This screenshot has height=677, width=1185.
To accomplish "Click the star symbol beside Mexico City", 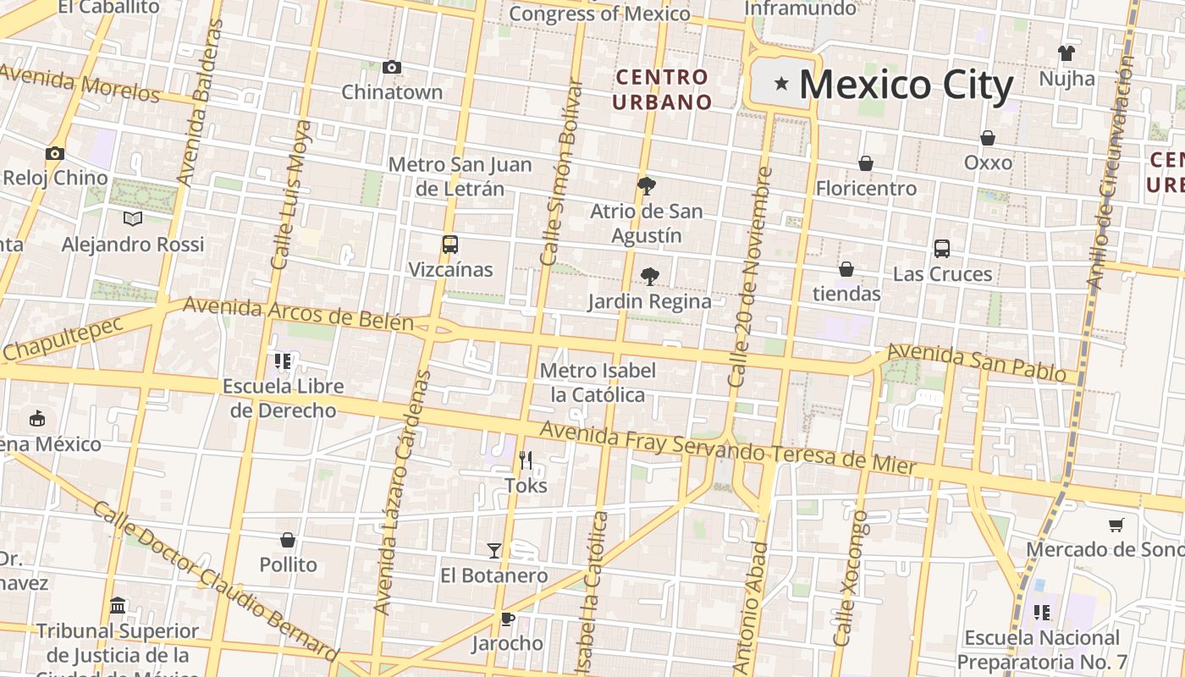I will (781, 84).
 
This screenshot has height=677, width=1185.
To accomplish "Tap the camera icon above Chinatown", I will (392, 67).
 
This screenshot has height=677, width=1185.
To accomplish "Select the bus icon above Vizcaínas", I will (450, 245).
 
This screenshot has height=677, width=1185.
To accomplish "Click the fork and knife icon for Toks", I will (526, 460).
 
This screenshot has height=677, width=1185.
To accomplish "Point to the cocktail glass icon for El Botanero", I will (494, 550).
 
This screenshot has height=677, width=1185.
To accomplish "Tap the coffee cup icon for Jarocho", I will (507, 619).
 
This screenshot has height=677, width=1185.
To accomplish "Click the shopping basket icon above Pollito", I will (288, 540).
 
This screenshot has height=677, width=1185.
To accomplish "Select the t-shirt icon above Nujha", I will (1066, 53).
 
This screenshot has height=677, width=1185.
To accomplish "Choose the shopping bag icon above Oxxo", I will (988, 137).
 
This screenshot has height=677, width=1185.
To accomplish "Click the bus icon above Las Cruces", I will (942, 248).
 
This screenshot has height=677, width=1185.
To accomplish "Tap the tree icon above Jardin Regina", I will (649, 276).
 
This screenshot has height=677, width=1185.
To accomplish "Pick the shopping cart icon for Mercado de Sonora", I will (1116, 525).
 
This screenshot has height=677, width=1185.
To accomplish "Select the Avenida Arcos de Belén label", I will (298, 314).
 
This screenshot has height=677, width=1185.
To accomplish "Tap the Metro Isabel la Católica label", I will (598, 383).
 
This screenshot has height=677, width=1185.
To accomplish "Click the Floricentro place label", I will (866, 188).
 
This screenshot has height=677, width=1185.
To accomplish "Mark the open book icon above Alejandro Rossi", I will (133, 218).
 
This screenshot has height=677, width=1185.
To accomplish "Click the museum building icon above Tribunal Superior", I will (118, 606).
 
